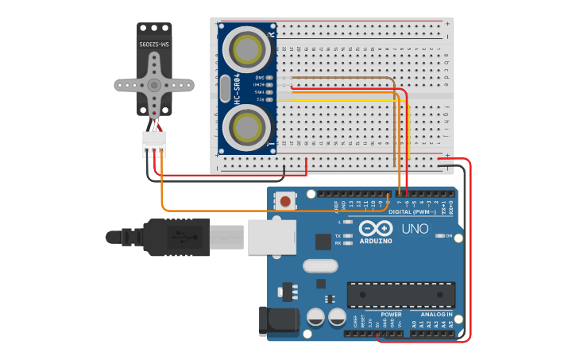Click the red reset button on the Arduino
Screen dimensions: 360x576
pos(285,201)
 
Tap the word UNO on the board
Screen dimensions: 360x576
pos(414,229)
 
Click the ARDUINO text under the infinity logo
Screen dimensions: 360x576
pos(376,240)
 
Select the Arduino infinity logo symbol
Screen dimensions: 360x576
pos(376,227)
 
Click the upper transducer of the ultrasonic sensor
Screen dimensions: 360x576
pos(247,48)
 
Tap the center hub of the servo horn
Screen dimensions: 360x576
pos(154,85)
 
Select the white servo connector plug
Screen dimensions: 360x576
pos(154,144)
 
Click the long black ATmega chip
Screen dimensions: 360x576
pos(401,294)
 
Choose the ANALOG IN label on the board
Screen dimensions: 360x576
pos(436,314)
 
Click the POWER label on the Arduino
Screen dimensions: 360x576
pos(391,314)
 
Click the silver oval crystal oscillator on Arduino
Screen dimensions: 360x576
pos(321,266)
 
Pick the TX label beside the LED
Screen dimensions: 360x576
pos(338,237)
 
